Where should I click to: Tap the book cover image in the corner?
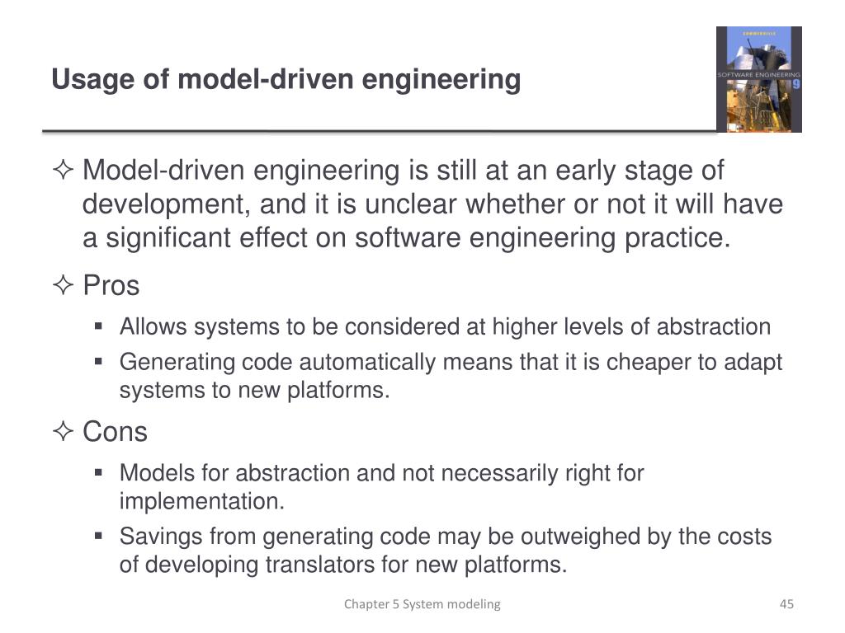(758, 79)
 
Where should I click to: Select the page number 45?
(786, 604)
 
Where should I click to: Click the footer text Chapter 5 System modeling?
(422, 604)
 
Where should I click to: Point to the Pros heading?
(111, 286)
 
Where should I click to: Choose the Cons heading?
(115, 431)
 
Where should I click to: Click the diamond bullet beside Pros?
(63, 287)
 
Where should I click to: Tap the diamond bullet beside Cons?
(63, 432)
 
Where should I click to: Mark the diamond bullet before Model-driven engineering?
(63, 171)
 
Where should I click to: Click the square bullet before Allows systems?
(98, 326)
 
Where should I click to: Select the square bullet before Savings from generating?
(98, 536)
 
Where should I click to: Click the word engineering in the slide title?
(441, 81)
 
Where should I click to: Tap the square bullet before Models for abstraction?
(98, 472)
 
